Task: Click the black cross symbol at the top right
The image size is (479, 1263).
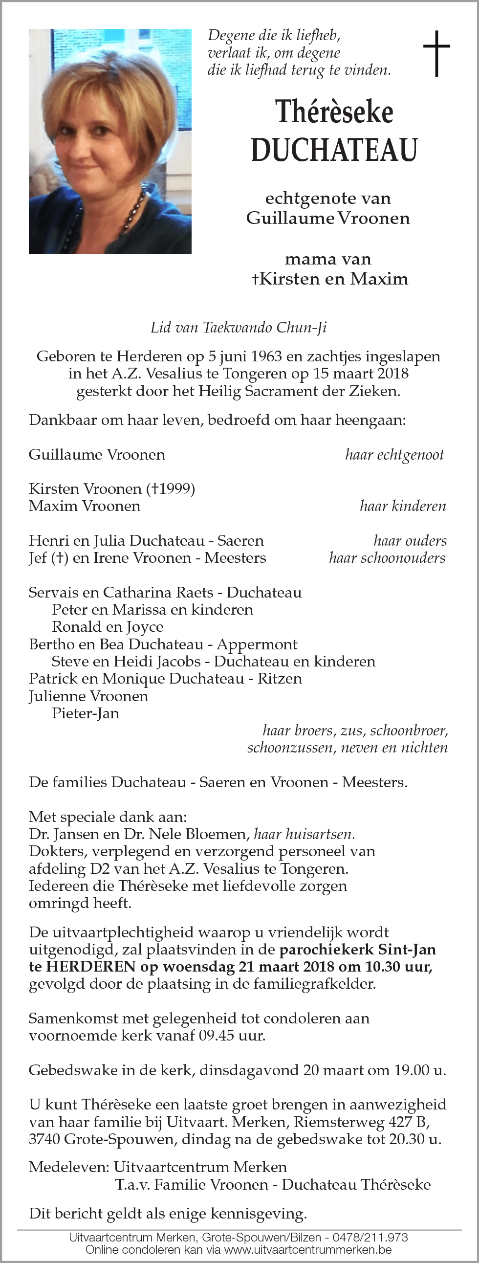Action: (x=436, y=53)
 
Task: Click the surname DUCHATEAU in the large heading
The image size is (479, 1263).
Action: (x=334, y=150)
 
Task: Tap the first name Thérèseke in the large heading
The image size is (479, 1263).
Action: (x=334, y=112)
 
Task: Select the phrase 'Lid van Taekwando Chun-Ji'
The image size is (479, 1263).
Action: (x=238, y=328)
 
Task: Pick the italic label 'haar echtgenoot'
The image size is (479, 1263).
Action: (x=394, y=455)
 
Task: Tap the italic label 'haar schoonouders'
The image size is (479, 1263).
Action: (x=387, y=558)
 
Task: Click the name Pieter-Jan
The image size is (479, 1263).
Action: (x=86, y=713)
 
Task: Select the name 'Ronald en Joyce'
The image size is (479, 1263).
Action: (x=108, y=627)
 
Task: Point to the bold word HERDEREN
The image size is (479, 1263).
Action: (x=91, y=966)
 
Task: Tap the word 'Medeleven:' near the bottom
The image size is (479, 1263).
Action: (x=69, y=1167)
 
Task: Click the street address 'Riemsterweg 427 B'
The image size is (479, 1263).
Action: (x=369, y=1122)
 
